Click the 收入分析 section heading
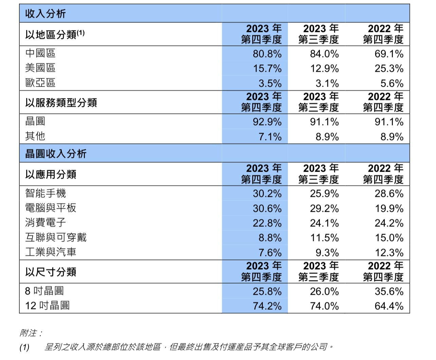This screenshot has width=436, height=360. [46, 14]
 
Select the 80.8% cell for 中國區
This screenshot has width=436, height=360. [267, 54]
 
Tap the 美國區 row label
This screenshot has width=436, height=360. [40, 68]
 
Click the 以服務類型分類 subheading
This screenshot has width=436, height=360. [61, 102]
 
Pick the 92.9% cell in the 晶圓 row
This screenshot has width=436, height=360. [267, 122]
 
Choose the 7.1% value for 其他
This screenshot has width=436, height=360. [270, 137]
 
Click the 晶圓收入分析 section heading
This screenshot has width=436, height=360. [56, 154]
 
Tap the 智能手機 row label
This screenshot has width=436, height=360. [46, 193]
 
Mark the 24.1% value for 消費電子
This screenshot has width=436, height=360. [324, 223]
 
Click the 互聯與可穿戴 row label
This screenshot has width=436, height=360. [56, 237]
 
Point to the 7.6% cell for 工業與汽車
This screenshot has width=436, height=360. [270, 253]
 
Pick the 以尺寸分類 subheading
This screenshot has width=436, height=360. [51, 272]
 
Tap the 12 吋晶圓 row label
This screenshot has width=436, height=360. [47, 306]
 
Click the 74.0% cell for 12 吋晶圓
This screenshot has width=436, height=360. [324, 306]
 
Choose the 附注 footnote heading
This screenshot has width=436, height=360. [31, 333]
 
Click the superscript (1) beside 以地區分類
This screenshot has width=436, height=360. [80, 33]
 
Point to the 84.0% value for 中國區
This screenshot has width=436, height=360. [324, 54]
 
